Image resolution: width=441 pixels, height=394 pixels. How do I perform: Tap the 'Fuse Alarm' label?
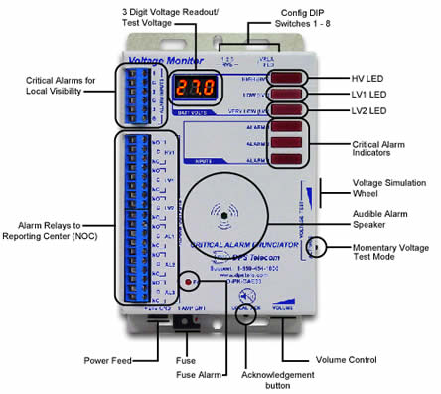coord(201,377)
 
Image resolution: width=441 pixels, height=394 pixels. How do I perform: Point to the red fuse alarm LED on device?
coord(186,283)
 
